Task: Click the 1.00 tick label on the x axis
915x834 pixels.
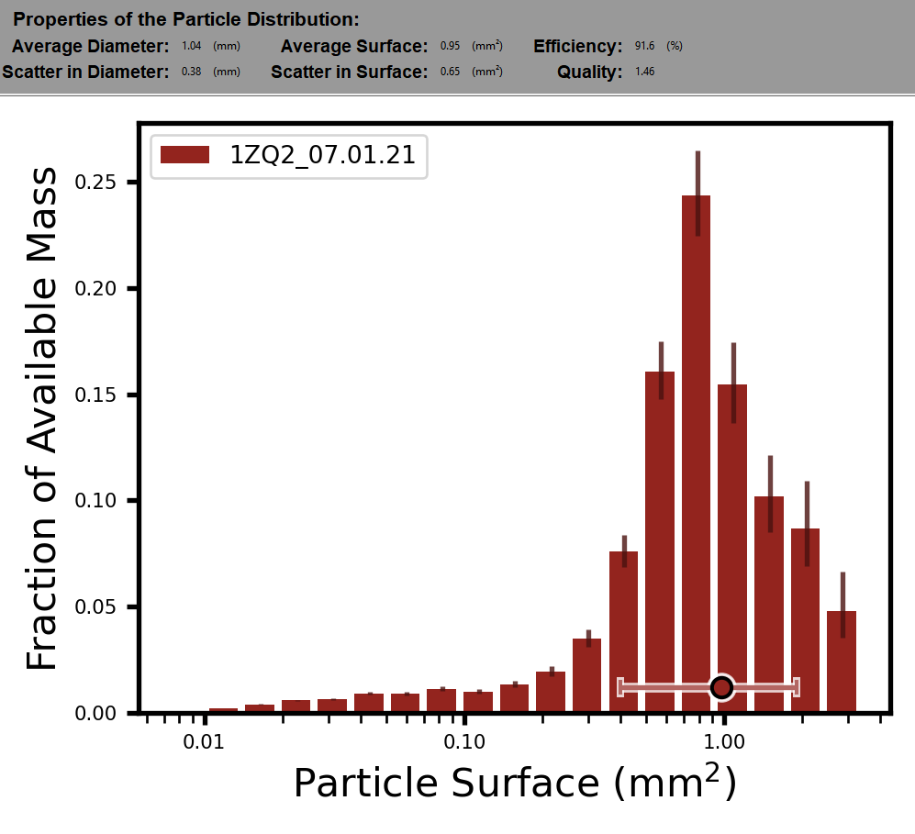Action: (723, 741)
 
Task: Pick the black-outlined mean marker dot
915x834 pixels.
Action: (722, 686)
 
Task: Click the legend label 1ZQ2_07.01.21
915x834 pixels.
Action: (323, 155)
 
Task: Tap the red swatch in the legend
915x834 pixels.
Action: (186, 155)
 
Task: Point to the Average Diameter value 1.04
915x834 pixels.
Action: (192, 46)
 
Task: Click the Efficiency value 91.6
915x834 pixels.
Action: (644, 46)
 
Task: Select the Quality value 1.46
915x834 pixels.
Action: (644, 72)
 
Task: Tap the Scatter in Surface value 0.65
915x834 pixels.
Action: (450, 72)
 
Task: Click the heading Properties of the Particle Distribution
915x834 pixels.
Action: (186, 19)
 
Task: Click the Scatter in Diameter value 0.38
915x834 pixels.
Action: (192, 72)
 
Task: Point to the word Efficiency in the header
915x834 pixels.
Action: (578, 46)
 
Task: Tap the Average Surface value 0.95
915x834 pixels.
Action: (450, 46)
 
